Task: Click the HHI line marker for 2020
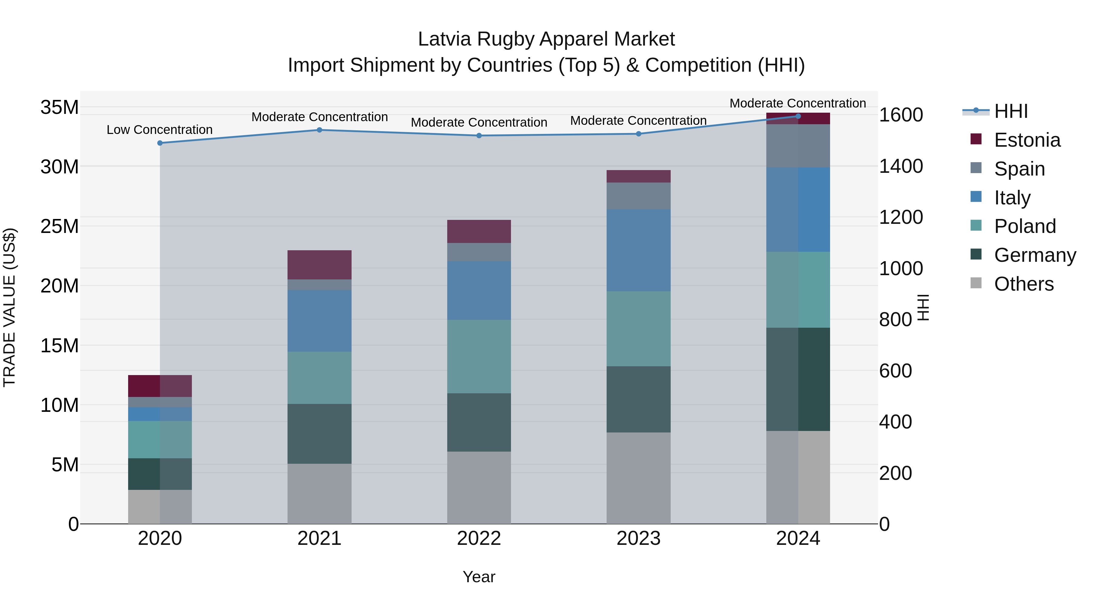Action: tap(160, 143)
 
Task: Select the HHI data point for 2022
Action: tap(479, 135)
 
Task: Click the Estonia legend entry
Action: tap(1027, 140)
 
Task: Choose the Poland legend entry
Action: tap(1025, 226)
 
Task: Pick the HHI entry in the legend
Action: tap(1011, 111)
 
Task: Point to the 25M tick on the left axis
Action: tap(60, 226)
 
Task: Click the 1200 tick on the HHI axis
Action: tap(901, 217)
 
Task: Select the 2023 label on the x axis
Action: tap(638, 538)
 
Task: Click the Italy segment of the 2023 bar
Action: tap(638, 250)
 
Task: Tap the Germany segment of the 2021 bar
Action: tap(319, 433)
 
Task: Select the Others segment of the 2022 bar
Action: tap(479, 487)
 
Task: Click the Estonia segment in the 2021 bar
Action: tap(319, 265)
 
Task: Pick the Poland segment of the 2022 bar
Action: tap(479, 356)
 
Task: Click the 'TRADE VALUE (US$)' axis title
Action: tap(10, 307)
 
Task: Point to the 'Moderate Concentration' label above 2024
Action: tap(798, 103)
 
